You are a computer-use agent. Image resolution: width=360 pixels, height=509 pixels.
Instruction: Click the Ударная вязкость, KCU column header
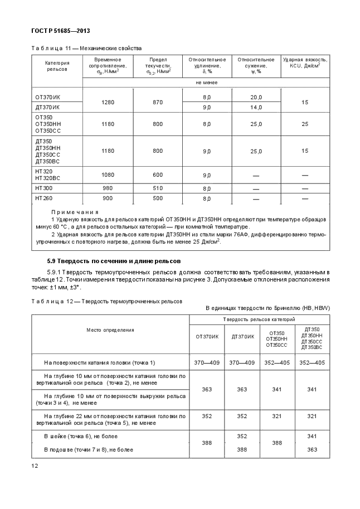305,62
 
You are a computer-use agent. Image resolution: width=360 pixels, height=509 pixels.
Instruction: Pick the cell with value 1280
108,102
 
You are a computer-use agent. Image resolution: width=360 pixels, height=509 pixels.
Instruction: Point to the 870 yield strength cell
158,102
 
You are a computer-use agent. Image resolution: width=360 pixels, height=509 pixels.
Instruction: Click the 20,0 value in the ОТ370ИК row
256,97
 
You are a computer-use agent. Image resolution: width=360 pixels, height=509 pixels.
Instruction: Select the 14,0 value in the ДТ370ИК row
256,106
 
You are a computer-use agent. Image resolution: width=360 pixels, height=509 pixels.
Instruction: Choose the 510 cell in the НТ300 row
158,188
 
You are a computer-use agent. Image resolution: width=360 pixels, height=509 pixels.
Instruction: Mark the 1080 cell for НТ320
108,174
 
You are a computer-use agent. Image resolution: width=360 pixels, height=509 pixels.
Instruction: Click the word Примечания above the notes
75,212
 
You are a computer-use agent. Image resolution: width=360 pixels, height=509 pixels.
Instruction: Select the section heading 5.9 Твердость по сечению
114,261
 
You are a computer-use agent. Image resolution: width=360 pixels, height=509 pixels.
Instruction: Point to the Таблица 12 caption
106,300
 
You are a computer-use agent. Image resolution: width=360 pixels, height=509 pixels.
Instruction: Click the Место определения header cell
110,329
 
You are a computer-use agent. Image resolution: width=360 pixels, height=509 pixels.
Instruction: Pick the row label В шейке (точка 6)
81,436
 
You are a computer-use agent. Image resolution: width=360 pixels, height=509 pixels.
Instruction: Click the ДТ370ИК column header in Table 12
242,336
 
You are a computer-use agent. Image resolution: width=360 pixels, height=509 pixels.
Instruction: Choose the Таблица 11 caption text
86,48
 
